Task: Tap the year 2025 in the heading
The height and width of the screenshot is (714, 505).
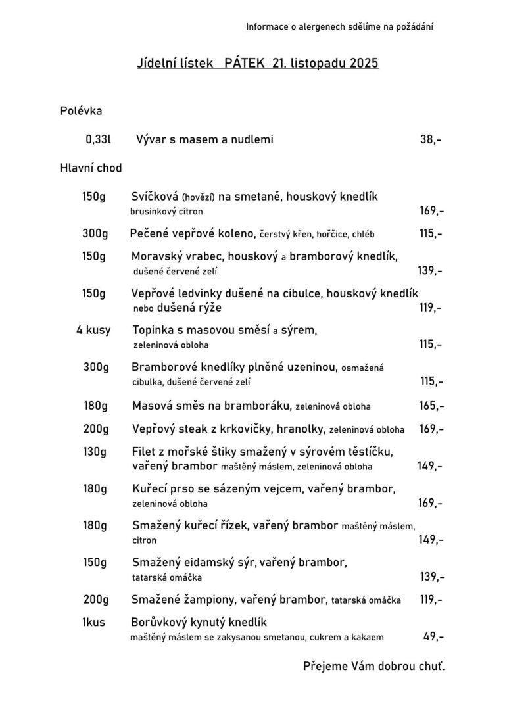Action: [364, 63]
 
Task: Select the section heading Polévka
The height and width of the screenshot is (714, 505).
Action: [81, 111]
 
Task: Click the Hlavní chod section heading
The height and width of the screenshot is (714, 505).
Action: [91, 168]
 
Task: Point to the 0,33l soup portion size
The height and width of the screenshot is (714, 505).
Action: [99, 139]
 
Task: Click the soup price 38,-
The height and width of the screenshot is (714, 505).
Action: [431, 139]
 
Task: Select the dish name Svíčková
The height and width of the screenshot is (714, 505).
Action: [155, 197]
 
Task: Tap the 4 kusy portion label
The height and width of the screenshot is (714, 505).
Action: [93, 329]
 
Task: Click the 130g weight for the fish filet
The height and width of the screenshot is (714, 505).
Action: [95, 452]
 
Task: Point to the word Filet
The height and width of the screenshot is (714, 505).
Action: [144, 452]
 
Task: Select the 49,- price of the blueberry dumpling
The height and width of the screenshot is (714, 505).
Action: [433, 636]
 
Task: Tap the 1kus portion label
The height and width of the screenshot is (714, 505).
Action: [94, 622]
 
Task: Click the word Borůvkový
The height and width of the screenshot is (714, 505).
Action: [162, 622]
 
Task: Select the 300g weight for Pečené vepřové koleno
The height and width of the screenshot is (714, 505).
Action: [95, 233]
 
